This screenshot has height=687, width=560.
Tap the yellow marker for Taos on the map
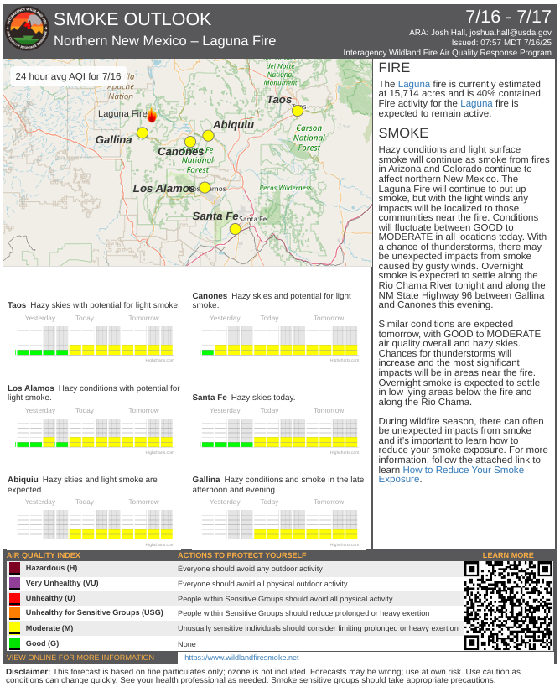[298, 110]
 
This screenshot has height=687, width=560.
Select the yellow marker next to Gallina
[143, 133]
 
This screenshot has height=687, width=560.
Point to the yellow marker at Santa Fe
[236, 228]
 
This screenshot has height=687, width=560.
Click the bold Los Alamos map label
[163, 189]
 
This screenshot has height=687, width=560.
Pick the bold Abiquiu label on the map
[233, 124]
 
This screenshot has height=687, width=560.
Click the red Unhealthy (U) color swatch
[13, 598]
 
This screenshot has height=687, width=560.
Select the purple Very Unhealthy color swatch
[13, 583]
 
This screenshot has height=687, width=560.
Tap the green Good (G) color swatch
[13, 643]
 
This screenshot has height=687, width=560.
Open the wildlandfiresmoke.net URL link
[241, 658]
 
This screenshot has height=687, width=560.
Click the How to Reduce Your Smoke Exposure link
[451, 475]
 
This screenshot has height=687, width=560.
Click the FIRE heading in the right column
[394, 68]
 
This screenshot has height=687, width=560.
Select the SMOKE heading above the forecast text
[403, 133]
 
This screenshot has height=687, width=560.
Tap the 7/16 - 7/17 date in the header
[509, 16]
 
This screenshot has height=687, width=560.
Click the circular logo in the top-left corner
[25, 28]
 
